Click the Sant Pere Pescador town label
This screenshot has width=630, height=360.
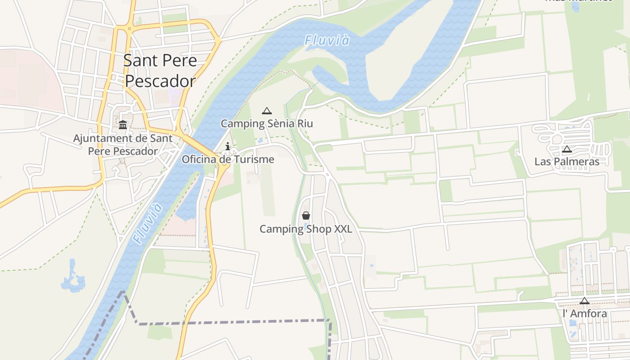[160, 70]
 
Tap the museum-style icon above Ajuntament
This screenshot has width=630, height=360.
[123, 124]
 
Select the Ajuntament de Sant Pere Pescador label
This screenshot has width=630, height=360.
[123, 144]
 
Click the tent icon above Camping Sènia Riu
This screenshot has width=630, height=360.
[266, 111]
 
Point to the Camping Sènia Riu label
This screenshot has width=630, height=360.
[266, 123]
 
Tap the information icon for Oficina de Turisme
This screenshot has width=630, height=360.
[228, 146]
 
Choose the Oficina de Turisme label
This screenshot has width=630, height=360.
[228, 159]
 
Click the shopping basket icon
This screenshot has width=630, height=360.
[306, 216]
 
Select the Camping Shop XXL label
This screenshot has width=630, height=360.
[306, 229]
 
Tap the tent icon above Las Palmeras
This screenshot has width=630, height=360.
[567, 149]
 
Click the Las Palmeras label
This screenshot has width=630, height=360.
[567, 162]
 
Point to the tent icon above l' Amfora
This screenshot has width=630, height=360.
[584, 301]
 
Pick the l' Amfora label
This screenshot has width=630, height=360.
[585, 314]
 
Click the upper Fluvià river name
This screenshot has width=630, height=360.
[327, 40]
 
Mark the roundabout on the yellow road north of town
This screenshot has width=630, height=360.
[130, 28]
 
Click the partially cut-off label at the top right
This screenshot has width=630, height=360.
[578, 1]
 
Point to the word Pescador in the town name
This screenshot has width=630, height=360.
[160, 81]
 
